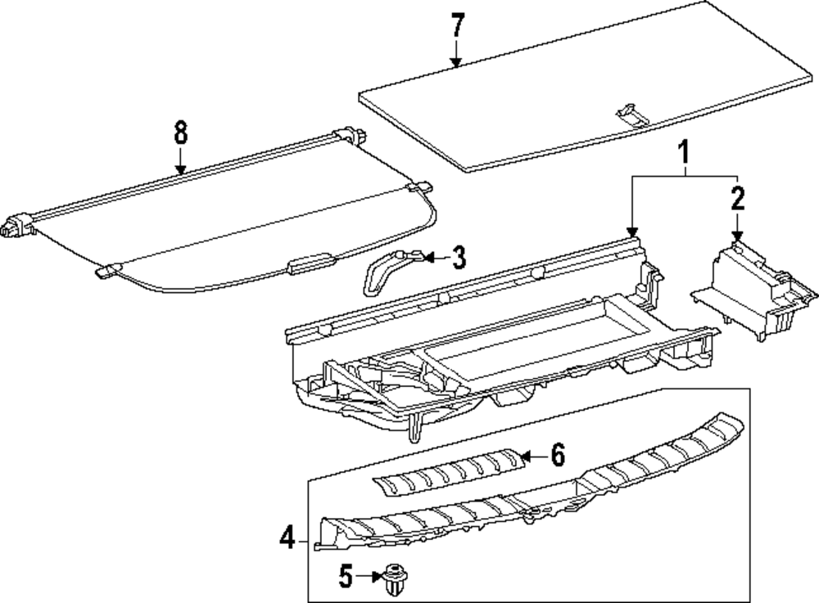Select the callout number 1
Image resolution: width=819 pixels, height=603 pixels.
point(684,151)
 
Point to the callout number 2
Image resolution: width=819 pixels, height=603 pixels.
point(738,198)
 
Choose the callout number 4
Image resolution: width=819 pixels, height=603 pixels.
point(287,540)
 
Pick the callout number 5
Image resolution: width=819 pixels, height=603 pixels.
point(346,578)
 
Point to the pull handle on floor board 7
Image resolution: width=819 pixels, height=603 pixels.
point(631,114)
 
